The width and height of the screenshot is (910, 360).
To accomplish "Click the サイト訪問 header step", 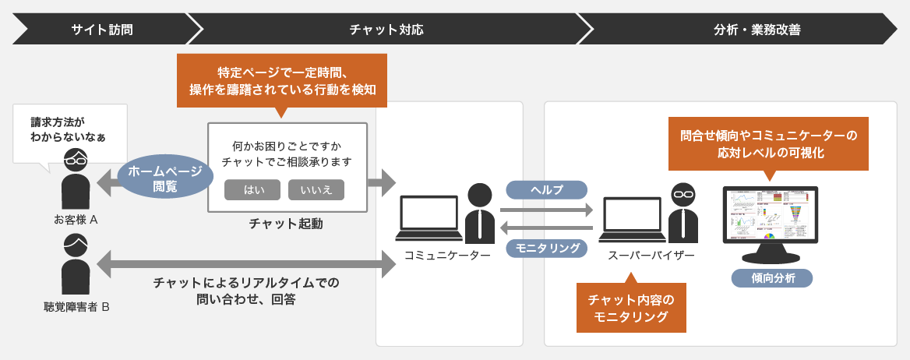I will pos(101,30).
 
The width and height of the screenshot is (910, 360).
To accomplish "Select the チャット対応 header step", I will pos(386,30).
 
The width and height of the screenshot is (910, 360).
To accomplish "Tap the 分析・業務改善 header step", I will pos(746,30).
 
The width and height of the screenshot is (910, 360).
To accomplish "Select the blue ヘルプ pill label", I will pos(546,190).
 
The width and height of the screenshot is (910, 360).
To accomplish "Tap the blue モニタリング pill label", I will pos(546,248).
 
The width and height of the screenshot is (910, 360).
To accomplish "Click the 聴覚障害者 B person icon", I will pos(76,265).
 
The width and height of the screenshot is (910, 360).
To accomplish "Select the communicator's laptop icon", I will pos(429,218).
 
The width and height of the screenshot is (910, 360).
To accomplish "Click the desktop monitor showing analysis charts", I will pos(771,223).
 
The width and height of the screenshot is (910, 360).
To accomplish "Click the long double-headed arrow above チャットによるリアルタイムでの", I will pos(247,264).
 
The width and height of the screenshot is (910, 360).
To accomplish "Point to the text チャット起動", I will pos(286,224).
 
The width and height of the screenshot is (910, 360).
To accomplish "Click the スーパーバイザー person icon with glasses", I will pos(682,213).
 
